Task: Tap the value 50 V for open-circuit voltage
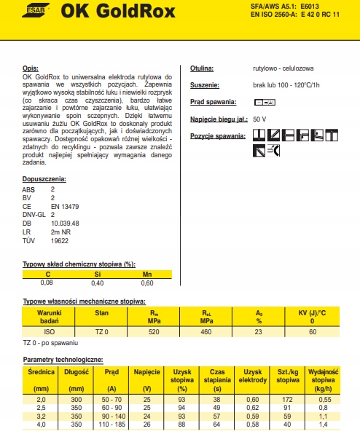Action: click(x=260, y=119)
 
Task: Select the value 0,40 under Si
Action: click(x=97, y=282)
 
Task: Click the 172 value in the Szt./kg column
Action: click(x=287, y=399)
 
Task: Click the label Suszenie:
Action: click(x=206, y=84)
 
